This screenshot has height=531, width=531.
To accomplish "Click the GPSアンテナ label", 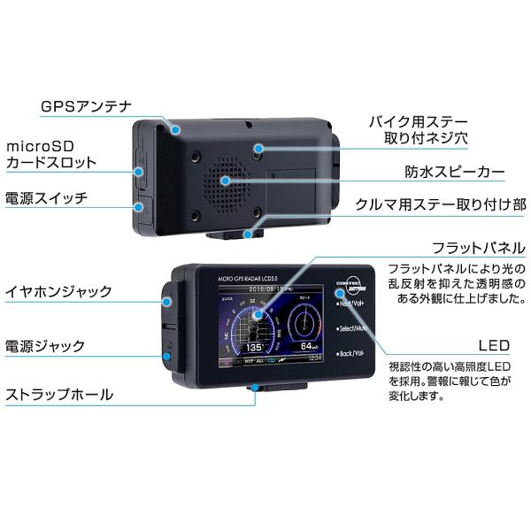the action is coord(86,107).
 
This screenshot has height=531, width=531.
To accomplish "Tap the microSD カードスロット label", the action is coord(51,154).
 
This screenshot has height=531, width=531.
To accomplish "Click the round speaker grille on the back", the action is coord(226,180).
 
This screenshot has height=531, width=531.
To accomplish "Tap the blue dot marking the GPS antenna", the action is coord(177,130).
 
